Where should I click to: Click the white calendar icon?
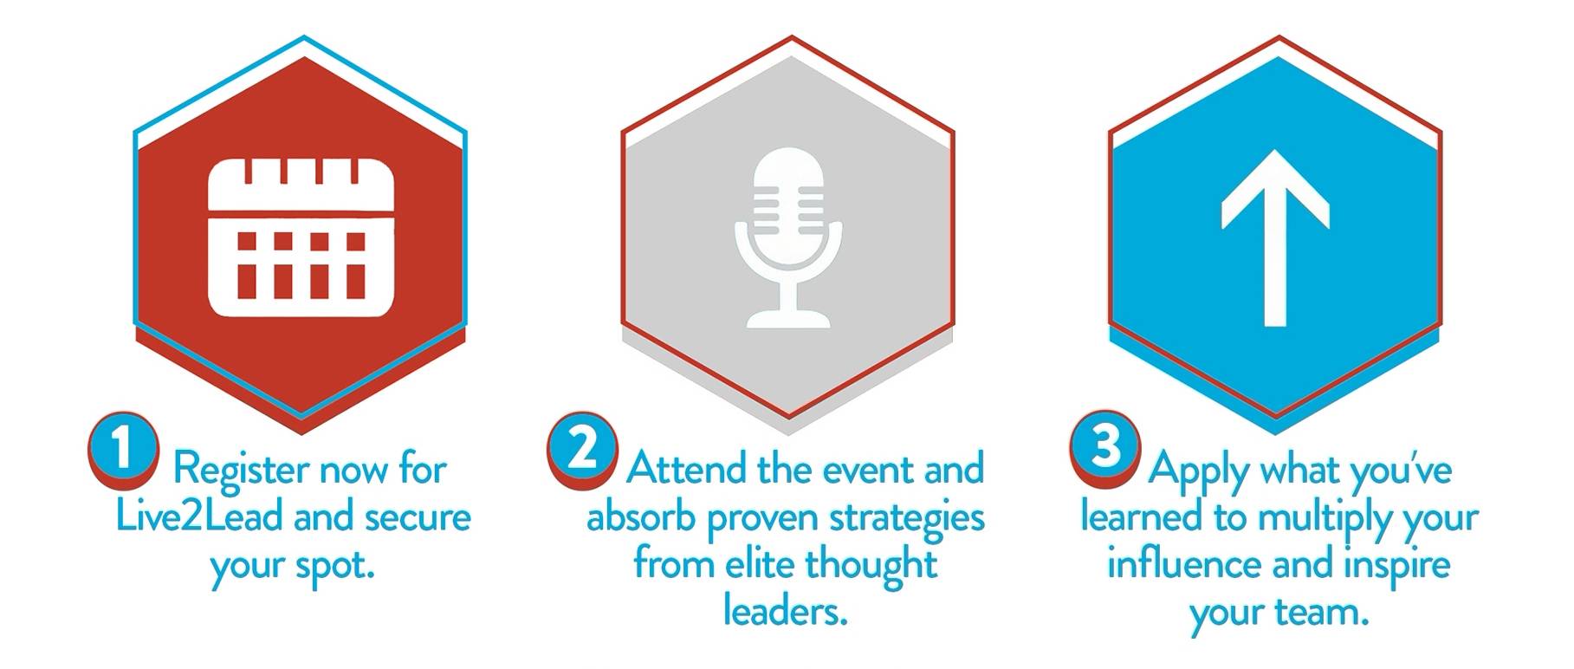click(x=301, y=237)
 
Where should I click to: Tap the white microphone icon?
click(x=788, y=238)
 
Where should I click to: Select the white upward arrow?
click(x=1275, y=237)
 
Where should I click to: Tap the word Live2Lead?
click(x=199, y=517)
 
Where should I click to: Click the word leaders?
click(x=785, y=612)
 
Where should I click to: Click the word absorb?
click(x=641, y=518)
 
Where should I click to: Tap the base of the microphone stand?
click(x=788, y=320)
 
